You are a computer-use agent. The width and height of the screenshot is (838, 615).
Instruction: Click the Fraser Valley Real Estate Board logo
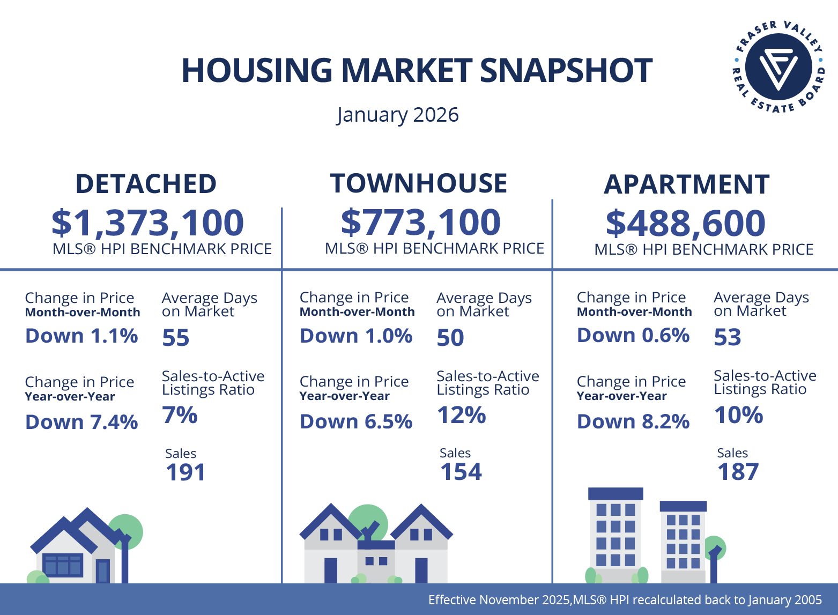click(x=778, y=66)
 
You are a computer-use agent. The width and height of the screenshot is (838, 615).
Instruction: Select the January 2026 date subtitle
click(x=397, y=115)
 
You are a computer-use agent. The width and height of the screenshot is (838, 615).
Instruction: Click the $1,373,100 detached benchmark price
click(x=147, y=223)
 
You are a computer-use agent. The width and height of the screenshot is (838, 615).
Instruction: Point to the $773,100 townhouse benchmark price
click(x=421, y=222)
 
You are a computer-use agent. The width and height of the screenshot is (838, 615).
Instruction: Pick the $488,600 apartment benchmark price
click(x=686, y=223)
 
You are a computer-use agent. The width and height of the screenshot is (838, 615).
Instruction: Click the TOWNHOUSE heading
click(x=418, y=183)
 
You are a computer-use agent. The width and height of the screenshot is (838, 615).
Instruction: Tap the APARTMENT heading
click(x=686, y=184)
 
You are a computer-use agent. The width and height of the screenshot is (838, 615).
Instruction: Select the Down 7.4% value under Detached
click(x=81, y=423)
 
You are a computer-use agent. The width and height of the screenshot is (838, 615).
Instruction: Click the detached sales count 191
click(x=186, y=472)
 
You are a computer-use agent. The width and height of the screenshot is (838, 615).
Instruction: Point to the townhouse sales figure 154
click(x=461, y=472)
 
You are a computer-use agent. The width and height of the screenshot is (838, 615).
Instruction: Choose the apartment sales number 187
click(x=738, y=472)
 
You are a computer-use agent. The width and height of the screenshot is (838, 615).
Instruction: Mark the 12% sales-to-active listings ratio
click(x=461, y=415)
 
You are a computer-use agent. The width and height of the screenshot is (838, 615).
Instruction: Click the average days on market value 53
click(x=728, y=337)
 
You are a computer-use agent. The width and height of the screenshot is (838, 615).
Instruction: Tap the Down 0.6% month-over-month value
click(x=633, y=336)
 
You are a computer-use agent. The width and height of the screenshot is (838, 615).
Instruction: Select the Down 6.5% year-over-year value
click(x=356, y=422)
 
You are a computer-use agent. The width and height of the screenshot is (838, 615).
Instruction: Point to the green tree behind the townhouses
click(x=368, y=517)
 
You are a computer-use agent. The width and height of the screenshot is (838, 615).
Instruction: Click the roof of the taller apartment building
click(x=615, y=493)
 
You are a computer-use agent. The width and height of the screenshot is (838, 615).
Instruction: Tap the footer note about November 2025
click(x=625, y=600)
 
